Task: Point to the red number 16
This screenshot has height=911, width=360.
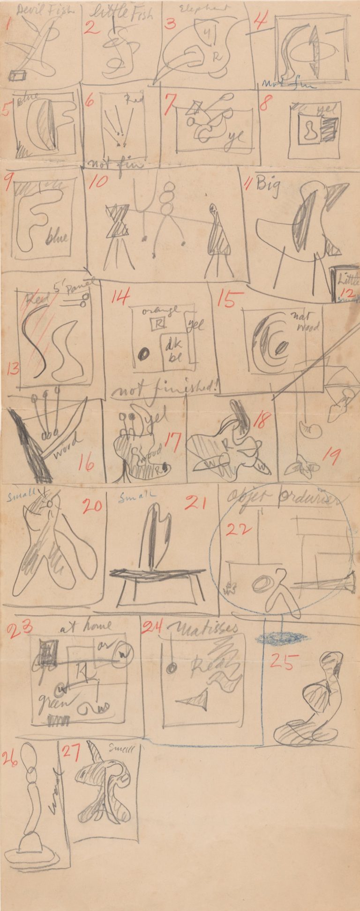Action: click(86, 462)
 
